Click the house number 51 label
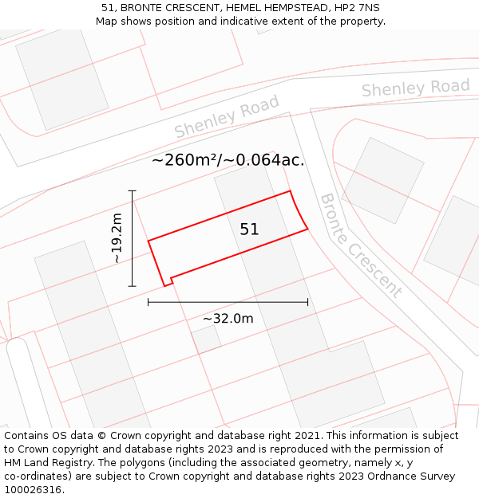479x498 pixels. coord(249,229)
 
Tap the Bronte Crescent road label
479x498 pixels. coord(361,245)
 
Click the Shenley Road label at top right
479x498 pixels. coord(415,88)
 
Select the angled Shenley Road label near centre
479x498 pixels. coord(227,116)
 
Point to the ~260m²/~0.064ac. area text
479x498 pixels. coord(228,160)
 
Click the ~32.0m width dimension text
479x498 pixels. coord(228,319)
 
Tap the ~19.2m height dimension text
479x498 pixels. coord(117,238)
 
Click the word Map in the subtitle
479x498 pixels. coord(107,21)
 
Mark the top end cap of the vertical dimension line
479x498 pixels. coord(133,191)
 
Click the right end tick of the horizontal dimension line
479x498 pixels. coord(307,302)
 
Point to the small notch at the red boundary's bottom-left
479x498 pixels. coord(168,280)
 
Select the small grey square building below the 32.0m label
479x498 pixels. coord(207,339)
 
